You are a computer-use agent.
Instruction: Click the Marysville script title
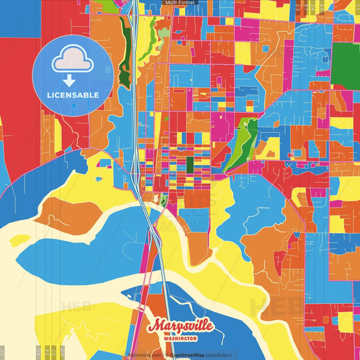[180, 326]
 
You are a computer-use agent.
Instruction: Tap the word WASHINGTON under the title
[180, 338]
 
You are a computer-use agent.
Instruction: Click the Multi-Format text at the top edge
[180, 3]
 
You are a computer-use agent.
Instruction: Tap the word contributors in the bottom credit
[218, 355]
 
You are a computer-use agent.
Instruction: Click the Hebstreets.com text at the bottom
[145, 355]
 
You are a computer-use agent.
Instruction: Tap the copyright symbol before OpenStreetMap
[166, 355]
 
